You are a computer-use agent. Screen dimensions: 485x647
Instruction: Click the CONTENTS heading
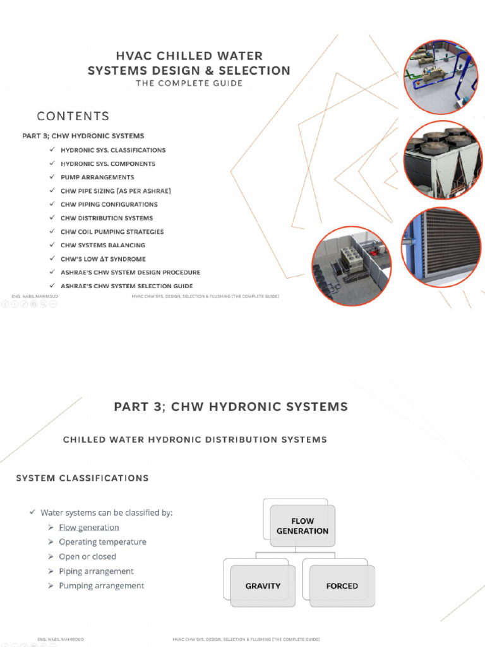point(73,116)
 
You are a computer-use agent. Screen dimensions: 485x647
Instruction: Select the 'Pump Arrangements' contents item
point(97,178)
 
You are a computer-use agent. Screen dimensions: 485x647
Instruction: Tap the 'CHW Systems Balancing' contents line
point(103,245)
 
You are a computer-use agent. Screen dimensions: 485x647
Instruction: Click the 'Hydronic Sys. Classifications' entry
point(113,150)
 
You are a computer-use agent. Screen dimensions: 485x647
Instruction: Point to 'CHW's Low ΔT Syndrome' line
point(103,259)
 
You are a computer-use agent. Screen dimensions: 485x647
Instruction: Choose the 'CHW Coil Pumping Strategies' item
point(112,232)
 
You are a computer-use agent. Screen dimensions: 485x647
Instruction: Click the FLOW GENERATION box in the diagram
point(302,526)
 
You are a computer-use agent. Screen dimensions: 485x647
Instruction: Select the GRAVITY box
point(263,586)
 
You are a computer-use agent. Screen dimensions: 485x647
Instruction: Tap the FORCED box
point(342,586)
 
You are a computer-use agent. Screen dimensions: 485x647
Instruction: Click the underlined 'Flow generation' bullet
point(88,528)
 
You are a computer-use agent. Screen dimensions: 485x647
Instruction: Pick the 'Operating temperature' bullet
point(102,542)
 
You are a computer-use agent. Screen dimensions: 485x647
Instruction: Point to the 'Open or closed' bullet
point(87,557)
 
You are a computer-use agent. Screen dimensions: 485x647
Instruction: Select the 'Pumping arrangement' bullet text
point(101,586)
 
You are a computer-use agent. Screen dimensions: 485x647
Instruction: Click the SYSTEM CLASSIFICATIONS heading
point(82,478)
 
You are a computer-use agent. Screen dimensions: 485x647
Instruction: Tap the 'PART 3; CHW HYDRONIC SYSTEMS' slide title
point(231,408)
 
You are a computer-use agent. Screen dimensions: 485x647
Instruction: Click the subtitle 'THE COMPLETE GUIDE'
point(189,83)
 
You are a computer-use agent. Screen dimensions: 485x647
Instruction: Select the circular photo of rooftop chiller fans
point(442,160)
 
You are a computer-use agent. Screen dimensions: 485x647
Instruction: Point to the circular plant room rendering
point(352,266)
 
